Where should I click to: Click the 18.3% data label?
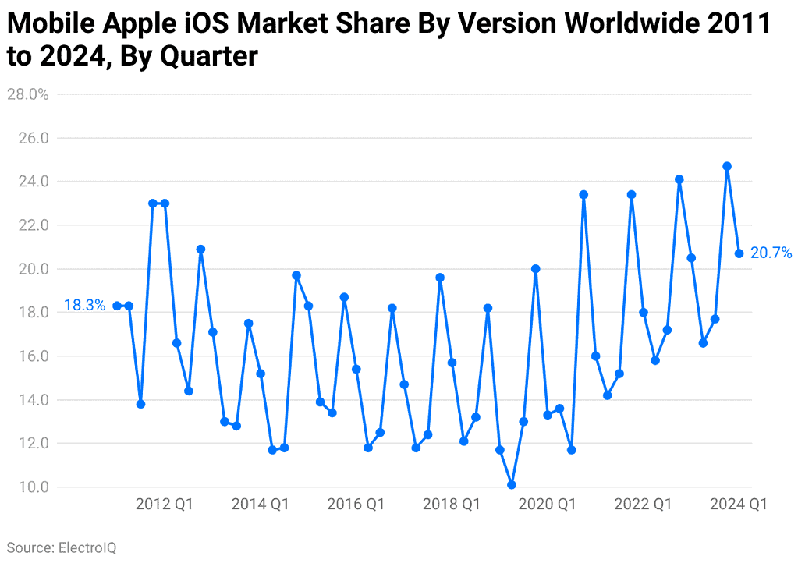pos(84,306)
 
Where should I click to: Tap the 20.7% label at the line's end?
pos(771,253)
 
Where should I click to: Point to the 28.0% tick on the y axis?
pos(27,94)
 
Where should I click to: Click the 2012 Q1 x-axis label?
pos(165,505)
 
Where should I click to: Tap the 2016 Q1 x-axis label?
pos(356,505)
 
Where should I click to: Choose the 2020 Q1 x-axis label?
pos(547,505)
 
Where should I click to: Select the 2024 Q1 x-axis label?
pos(738,505)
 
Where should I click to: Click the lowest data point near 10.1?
pos(512,485)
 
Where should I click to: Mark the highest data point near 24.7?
pos(727,166)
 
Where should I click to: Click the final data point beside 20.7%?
pos(739,253)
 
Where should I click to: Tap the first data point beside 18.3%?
pos(117,306)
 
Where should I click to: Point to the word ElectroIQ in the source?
pos(87,547)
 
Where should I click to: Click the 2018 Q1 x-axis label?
pos(452,505)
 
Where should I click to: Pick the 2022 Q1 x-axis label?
pos(643,505)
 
